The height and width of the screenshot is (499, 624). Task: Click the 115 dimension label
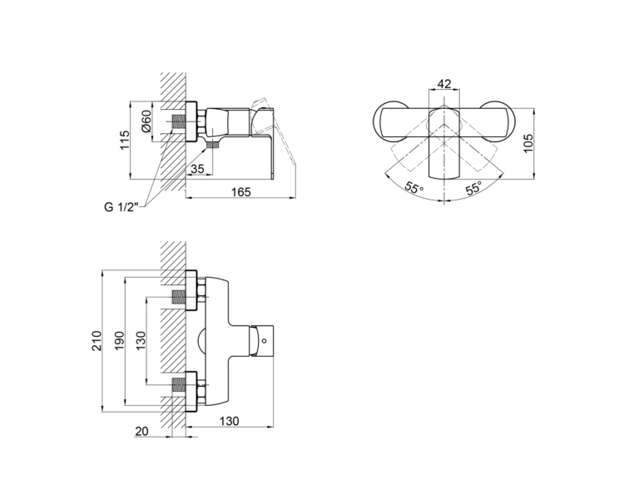(x=125, y=140)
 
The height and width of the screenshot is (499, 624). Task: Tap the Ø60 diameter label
(x=146, y=121)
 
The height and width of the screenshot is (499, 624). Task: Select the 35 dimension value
(x=197, y=169)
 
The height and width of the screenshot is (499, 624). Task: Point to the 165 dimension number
(x=241, y=192)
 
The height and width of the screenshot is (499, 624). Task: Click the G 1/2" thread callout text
(x=121, y=207)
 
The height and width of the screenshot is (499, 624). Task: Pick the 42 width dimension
(x=444, y=84)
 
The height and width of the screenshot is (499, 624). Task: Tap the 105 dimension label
(x=527, y=143)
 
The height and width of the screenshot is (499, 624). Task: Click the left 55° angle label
(x=414, y=187)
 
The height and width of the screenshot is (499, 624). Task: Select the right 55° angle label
(x=473, y=187)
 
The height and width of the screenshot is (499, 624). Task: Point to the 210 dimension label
(x=97, y=341)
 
